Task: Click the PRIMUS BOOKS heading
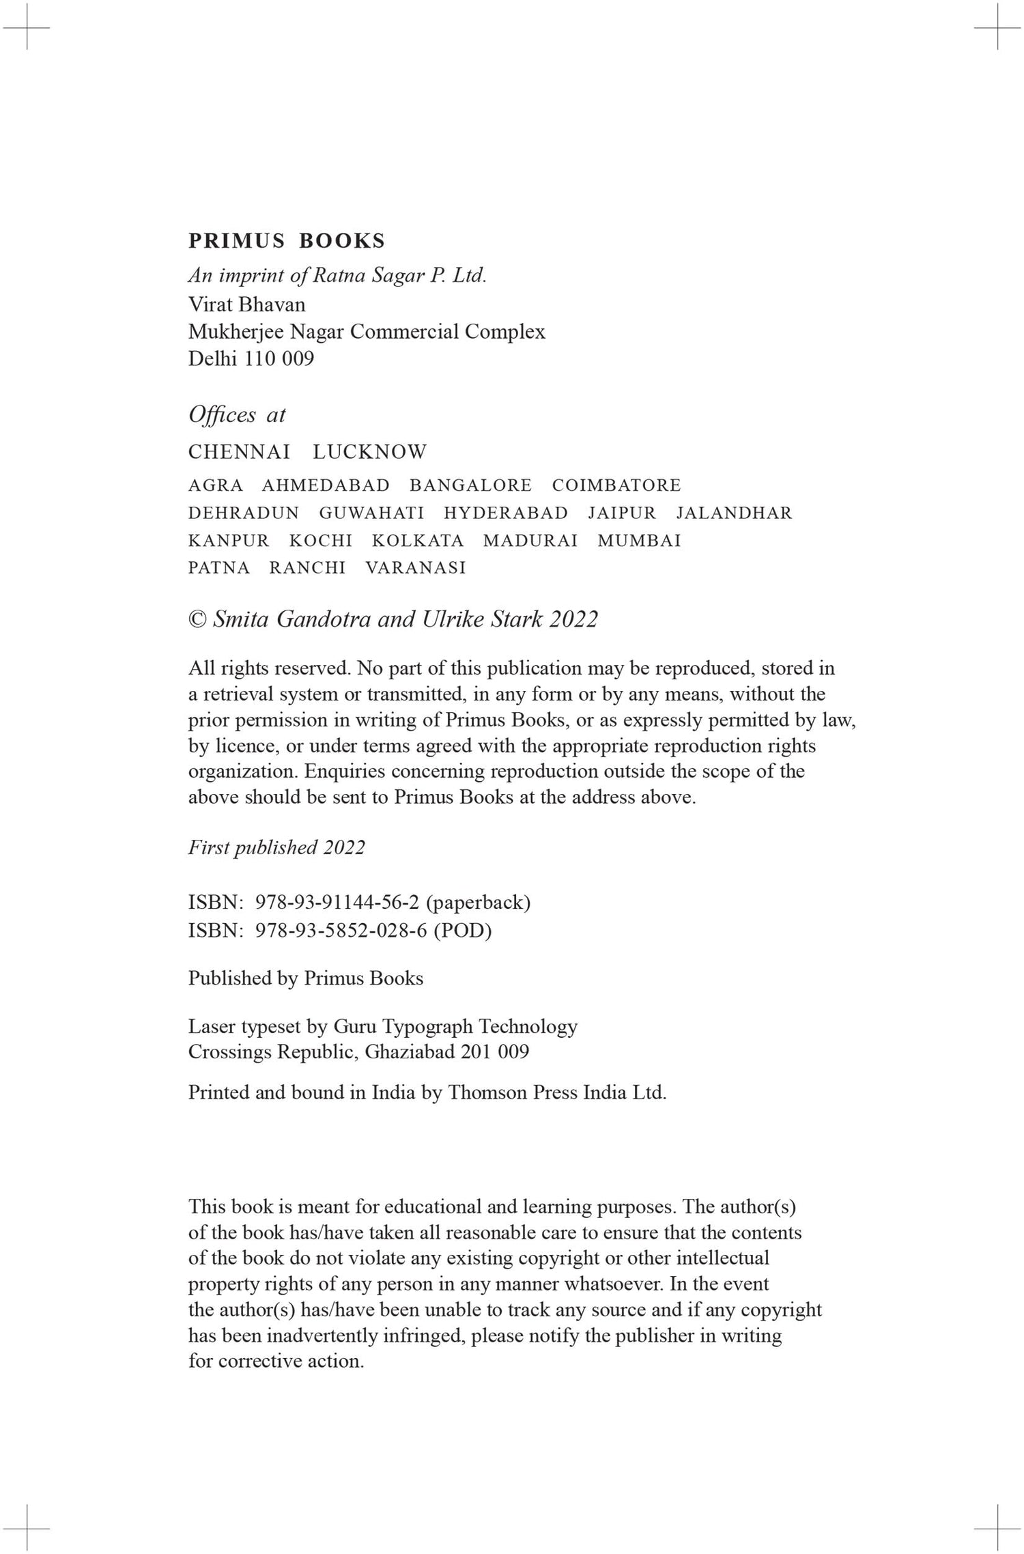[287, 241]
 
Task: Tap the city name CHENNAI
[239, 452]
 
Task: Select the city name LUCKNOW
[370, 452]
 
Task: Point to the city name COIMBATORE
[616, 485]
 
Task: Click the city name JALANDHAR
[735, 513]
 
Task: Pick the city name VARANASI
[416, 568]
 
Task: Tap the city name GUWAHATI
[371, 513]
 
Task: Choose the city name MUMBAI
[639, 541]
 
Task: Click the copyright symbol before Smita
[197, 619]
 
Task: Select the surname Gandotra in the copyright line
[324, 619]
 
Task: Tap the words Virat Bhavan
[246, 304]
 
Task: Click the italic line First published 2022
[276, 847]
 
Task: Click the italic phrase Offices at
[237, 414]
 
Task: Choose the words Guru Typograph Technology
[455, 1026]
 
